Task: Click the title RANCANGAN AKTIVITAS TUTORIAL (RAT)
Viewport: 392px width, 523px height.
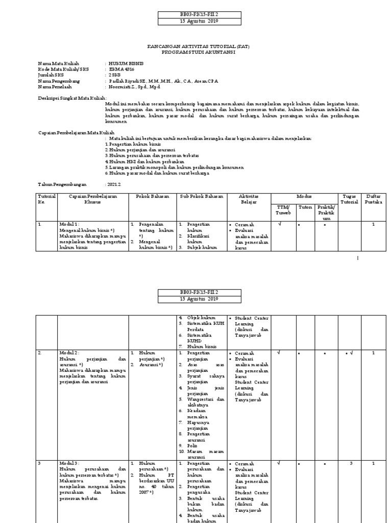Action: point(199,46)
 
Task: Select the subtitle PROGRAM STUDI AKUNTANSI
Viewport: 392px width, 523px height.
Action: point(199,52)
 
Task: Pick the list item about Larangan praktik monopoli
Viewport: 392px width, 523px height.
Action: point(174,167)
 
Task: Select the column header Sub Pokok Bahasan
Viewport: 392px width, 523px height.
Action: point(201,197)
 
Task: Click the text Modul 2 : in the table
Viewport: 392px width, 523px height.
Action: point(69,353)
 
